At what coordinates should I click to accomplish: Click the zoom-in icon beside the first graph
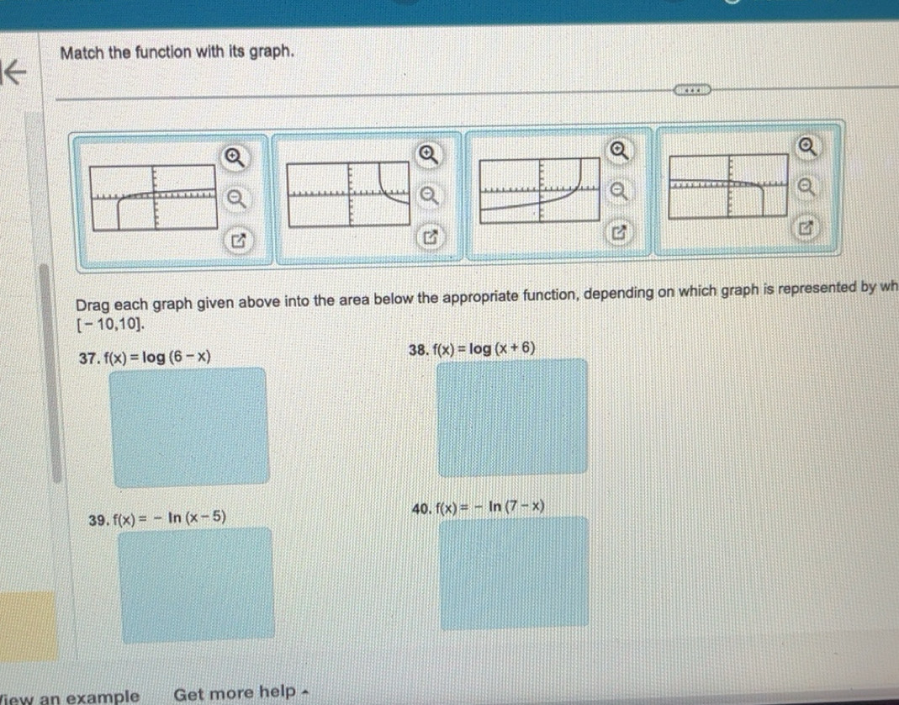(x=230, y=156)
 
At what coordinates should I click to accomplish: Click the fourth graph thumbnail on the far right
(x=727, y=185)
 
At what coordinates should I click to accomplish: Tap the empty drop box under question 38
(x=511, y=416)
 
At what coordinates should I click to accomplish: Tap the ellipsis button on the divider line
(x=691, y=88)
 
